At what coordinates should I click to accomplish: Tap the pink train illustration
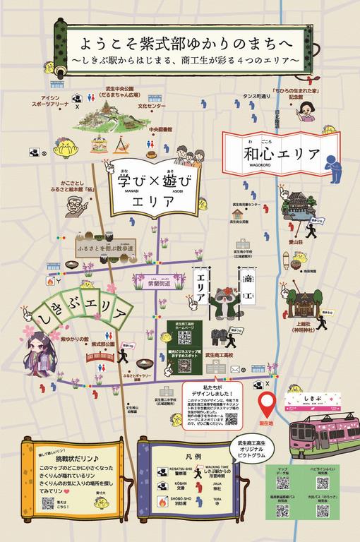[324, 437]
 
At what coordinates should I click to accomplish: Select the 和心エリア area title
[271, 152]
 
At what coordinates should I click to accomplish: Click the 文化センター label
[152, 106]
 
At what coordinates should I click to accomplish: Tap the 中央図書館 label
[162, 130]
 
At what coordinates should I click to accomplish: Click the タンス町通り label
[256, 97]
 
